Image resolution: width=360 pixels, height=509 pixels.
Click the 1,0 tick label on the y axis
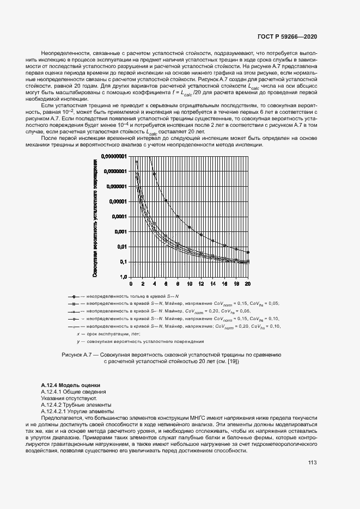tap(123, 277)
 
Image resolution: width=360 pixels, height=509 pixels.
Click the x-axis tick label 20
tap(248, 284)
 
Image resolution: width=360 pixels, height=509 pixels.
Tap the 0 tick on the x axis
tap(130, 284)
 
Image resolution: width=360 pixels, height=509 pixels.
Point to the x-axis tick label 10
tap(189, 284)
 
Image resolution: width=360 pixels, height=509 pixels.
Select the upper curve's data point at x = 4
tap(154, 174)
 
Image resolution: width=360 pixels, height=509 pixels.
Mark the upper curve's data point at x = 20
tap(248, 252)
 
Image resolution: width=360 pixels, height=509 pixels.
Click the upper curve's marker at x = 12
tap(201, 235)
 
